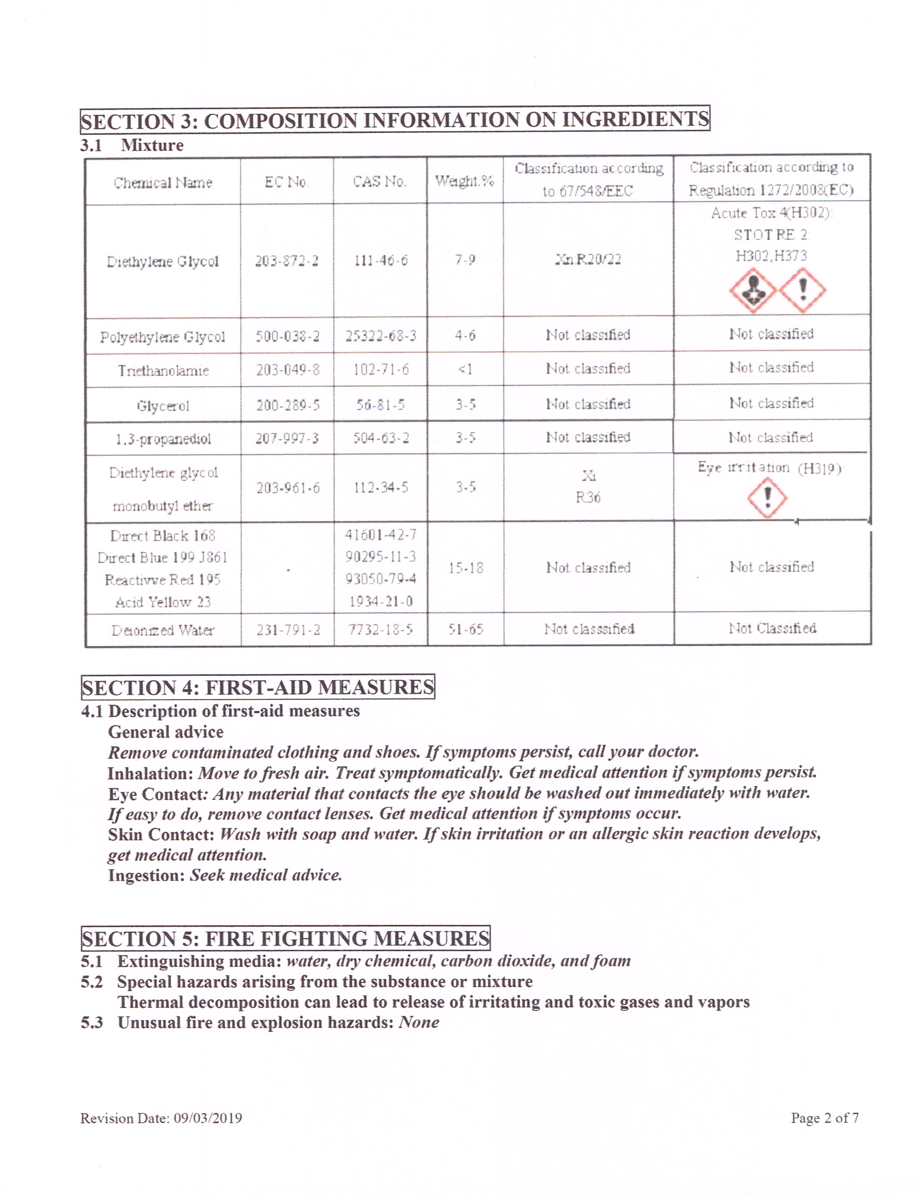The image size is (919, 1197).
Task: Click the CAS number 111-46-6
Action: coord(381,260)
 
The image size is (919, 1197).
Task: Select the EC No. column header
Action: coord(286,182)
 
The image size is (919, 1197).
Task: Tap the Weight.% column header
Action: coord(465,181)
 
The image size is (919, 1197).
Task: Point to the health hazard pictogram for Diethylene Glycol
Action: coord(753,290)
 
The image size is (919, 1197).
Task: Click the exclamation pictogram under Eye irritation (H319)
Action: coord(767,497)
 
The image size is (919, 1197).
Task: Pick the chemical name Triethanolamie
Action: coord(163,370)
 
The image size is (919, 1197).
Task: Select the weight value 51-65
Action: coord(466,629)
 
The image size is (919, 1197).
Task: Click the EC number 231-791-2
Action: coord(287,630)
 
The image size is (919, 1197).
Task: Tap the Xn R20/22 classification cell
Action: coord(588,259)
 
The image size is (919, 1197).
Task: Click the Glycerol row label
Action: coord(163,406)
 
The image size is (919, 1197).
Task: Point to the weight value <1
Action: coord(465,369)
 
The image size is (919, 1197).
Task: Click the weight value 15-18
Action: coord(466,568)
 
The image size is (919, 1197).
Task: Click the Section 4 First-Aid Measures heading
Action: coord(258,687)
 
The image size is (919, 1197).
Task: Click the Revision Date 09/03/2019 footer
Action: coord(161,1118)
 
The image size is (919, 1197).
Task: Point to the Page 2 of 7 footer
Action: coord(824,1118)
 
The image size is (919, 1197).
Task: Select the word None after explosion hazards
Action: coord(419,1022)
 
